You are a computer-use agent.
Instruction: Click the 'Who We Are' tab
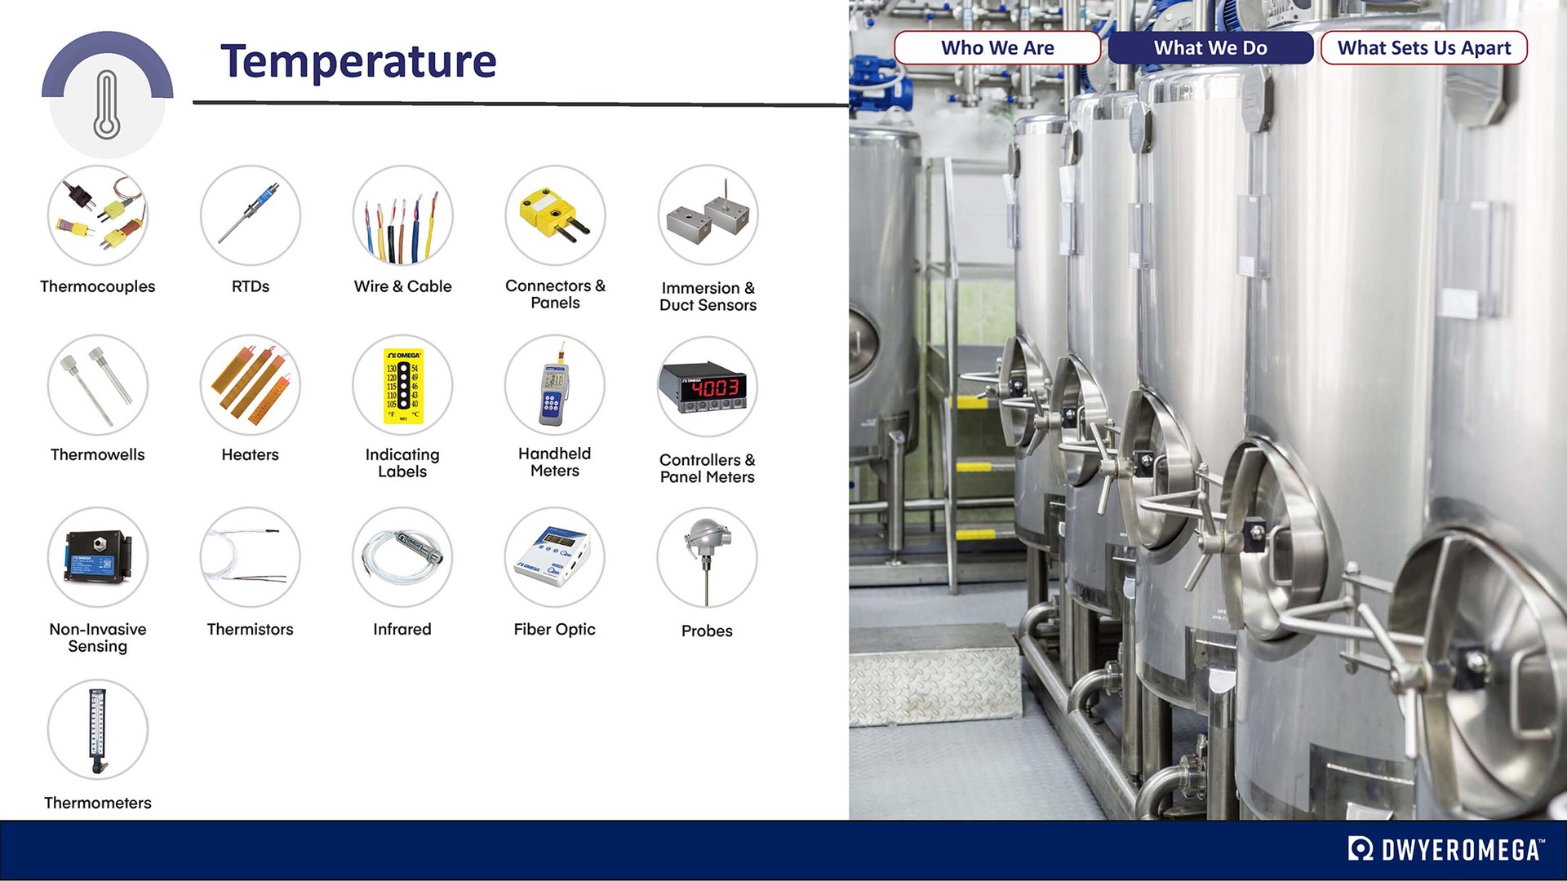pos(997,48)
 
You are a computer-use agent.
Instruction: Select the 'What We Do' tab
pos(1210,48)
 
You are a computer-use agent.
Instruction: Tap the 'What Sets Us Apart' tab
pos(1423,48)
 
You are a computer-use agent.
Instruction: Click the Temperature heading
pos(358,61)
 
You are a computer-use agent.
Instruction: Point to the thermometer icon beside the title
pos(107,104)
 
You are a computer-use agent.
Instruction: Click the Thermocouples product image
pos(98,215)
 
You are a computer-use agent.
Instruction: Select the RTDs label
pos(250,286)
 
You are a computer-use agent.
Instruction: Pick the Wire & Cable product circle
pos(402,215)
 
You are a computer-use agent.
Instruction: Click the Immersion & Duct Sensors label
pos(708,296)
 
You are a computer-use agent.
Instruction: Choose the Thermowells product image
pos(98,385)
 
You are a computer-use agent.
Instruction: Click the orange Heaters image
pos(250,385)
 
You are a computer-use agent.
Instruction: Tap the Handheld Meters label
pos(554,462)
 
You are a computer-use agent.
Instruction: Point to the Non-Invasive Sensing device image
pos(98,557)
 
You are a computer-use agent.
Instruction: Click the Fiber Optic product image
pos(554,557)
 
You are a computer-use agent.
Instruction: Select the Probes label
pos(707,631)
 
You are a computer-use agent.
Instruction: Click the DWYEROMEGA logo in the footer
pos(1445,849)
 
